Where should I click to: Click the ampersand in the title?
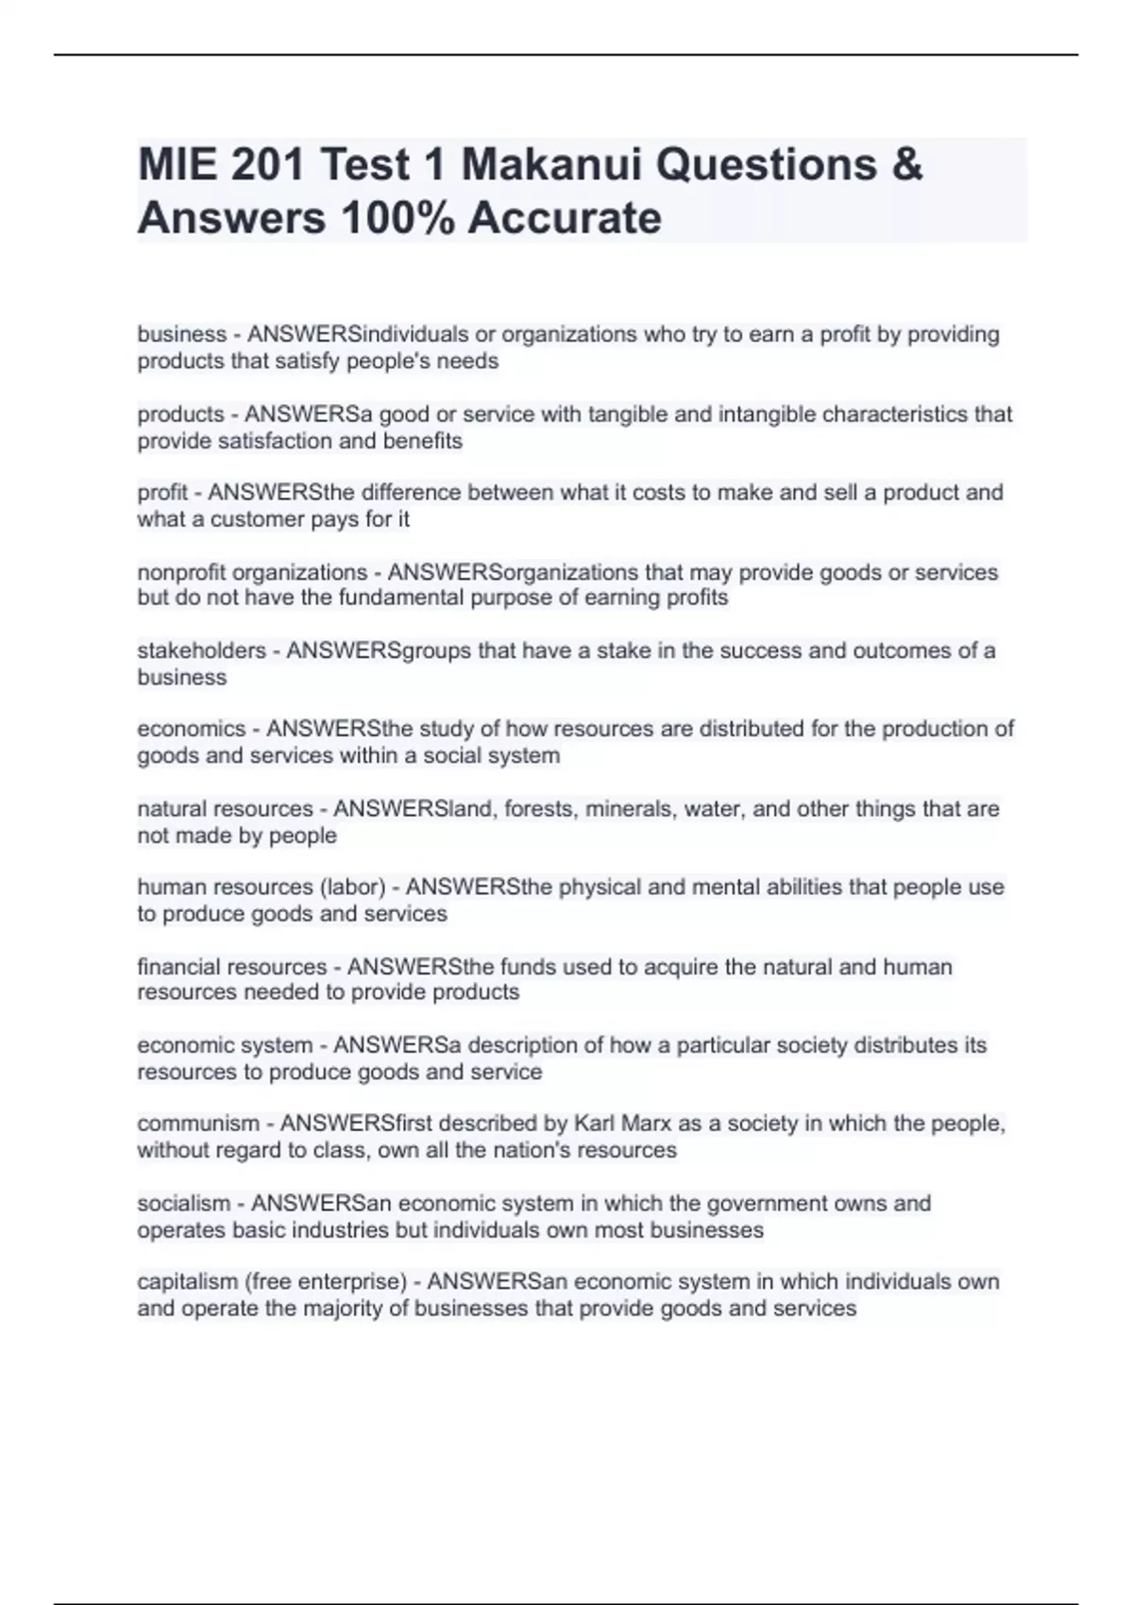[x=906, y=164]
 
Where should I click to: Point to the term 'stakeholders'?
[x=201, y=650]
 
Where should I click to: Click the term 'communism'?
[x=197, y=1123]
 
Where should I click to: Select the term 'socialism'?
[x=183, y=1203]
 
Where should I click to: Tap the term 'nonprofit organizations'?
[x=252, y=572]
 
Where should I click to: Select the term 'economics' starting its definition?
[x=191, y=729]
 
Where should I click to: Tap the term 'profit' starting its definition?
[x=162, y=493]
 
